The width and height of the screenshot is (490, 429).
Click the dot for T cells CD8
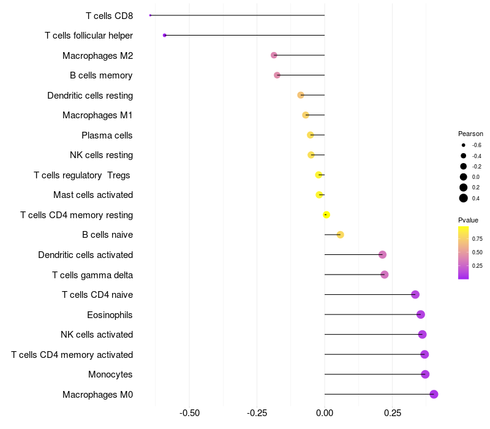point(150,15)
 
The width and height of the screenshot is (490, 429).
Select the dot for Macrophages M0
point(434,394)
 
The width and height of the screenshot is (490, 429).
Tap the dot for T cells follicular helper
point(165,36)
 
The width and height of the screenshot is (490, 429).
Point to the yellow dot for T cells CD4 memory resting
point(326,214)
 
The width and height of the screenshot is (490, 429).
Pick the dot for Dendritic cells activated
point(383,255)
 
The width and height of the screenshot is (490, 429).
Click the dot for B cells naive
point(341,235)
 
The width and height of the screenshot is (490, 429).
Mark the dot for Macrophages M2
point(274,55)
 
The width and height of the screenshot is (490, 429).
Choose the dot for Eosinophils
point(421,314)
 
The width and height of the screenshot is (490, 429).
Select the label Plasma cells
point(107,135)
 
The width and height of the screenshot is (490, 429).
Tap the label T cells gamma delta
point(92,275)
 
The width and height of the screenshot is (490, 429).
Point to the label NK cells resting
point(101,155)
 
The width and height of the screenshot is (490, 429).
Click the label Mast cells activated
point(93,195)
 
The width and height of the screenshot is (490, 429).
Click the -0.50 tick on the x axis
point(189,413)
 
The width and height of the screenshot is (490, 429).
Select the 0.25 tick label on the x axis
point(393,413)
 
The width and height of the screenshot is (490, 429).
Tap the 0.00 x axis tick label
point(325,413)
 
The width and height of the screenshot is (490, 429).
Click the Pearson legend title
point(470,134)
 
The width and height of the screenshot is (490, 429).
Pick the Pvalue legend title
point(468,220)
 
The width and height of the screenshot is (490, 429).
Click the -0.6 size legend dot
point(464,145)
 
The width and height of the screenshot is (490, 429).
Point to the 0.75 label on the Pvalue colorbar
point(477,238)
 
